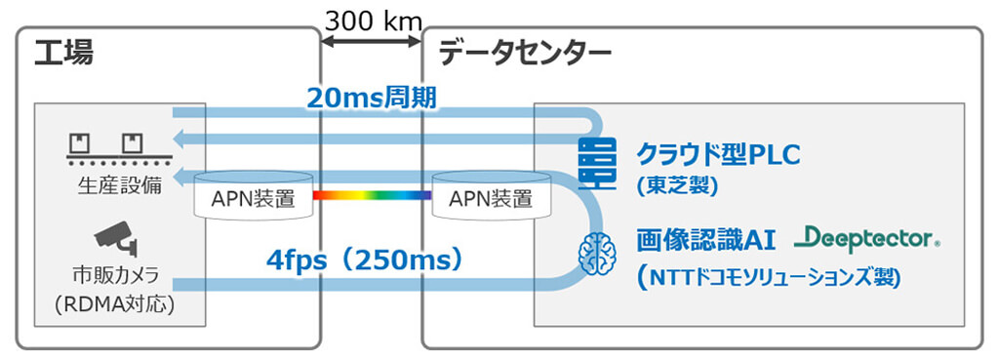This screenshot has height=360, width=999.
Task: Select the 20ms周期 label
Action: [365, 97]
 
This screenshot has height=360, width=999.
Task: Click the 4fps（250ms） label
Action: [364, 260]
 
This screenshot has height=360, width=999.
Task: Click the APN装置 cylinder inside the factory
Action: [252, 197]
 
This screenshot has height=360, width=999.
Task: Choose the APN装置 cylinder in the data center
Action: [491, 197]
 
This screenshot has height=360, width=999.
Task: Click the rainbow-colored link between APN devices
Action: [371, 196]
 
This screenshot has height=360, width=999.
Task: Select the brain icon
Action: [596, 253]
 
